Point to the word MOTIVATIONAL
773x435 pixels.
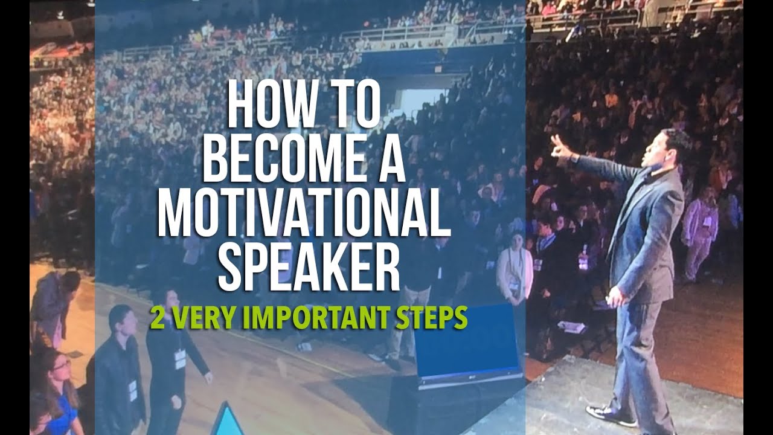pos(304,215)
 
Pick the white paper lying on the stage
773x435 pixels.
pos(571,326)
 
